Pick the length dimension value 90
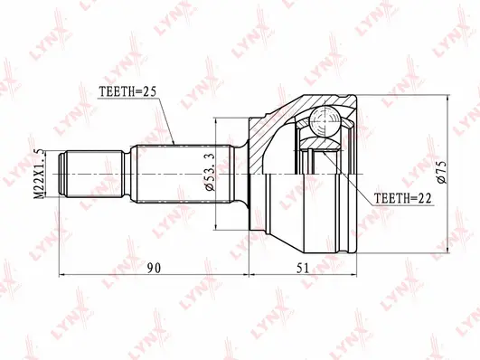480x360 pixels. pos(155,268)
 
